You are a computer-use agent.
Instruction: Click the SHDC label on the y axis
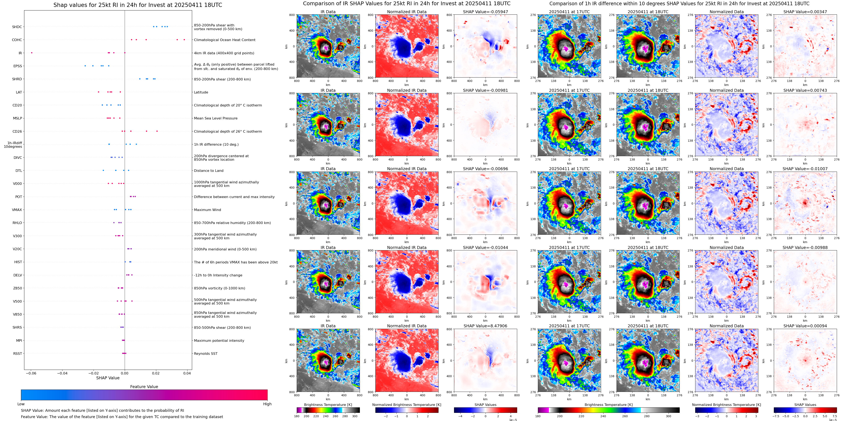(17, 27)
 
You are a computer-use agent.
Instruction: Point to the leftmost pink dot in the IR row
(32, 53)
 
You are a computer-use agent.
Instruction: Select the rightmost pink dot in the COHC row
(184, 40)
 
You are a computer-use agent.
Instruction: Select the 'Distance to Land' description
(208, 171)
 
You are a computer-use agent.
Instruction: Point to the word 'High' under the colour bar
(267, 404)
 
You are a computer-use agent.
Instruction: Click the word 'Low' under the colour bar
(21, 404)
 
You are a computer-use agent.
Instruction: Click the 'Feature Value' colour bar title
(144, 387)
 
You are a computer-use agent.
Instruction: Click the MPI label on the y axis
(19, 340)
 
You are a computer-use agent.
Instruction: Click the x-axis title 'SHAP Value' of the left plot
(108, 378)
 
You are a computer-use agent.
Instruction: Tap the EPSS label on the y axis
(18, 66)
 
